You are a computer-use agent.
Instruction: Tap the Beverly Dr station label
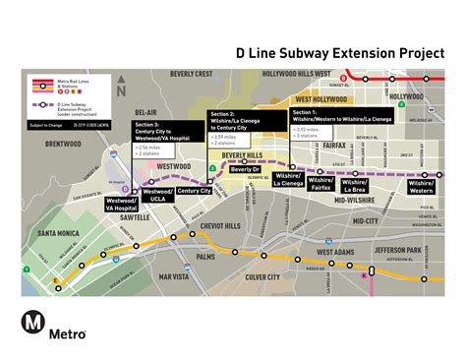click(245, 168)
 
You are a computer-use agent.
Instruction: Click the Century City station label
click(194, 190)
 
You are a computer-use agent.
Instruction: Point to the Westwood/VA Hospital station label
click(121, 204)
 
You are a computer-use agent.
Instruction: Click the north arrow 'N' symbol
click(119, 89)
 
